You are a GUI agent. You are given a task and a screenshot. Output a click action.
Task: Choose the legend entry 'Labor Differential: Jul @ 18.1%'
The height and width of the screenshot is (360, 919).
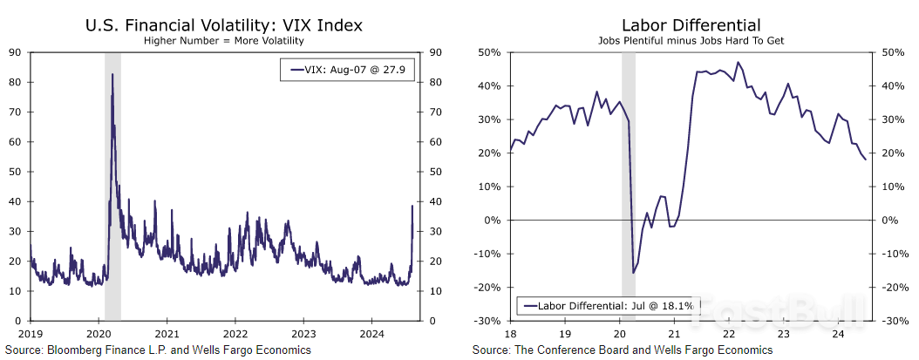tap(605, 305)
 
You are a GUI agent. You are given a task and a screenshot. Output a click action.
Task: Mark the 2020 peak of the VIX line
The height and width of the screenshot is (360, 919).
tap(112, 75)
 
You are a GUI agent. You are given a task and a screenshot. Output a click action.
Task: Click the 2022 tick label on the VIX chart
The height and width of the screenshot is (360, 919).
tap(235, 333)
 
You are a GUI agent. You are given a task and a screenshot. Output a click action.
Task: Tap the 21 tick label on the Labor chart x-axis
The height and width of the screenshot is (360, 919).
tap(673, 333)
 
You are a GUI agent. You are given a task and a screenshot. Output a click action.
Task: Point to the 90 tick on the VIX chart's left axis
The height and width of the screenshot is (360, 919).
tap(15, 52)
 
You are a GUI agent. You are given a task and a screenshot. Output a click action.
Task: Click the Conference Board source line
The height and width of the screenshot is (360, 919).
tap(623, 350)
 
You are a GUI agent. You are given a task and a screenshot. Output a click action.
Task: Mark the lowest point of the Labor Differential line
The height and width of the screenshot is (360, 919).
tap(633, 273)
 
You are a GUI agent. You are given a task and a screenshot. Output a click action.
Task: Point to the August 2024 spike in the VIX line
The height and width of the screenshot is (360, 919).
tap(412, 207)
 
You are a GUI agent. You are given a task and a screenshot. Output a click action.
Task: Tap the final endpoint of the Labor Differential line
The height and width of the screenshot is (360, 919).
tap(865, 160)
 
